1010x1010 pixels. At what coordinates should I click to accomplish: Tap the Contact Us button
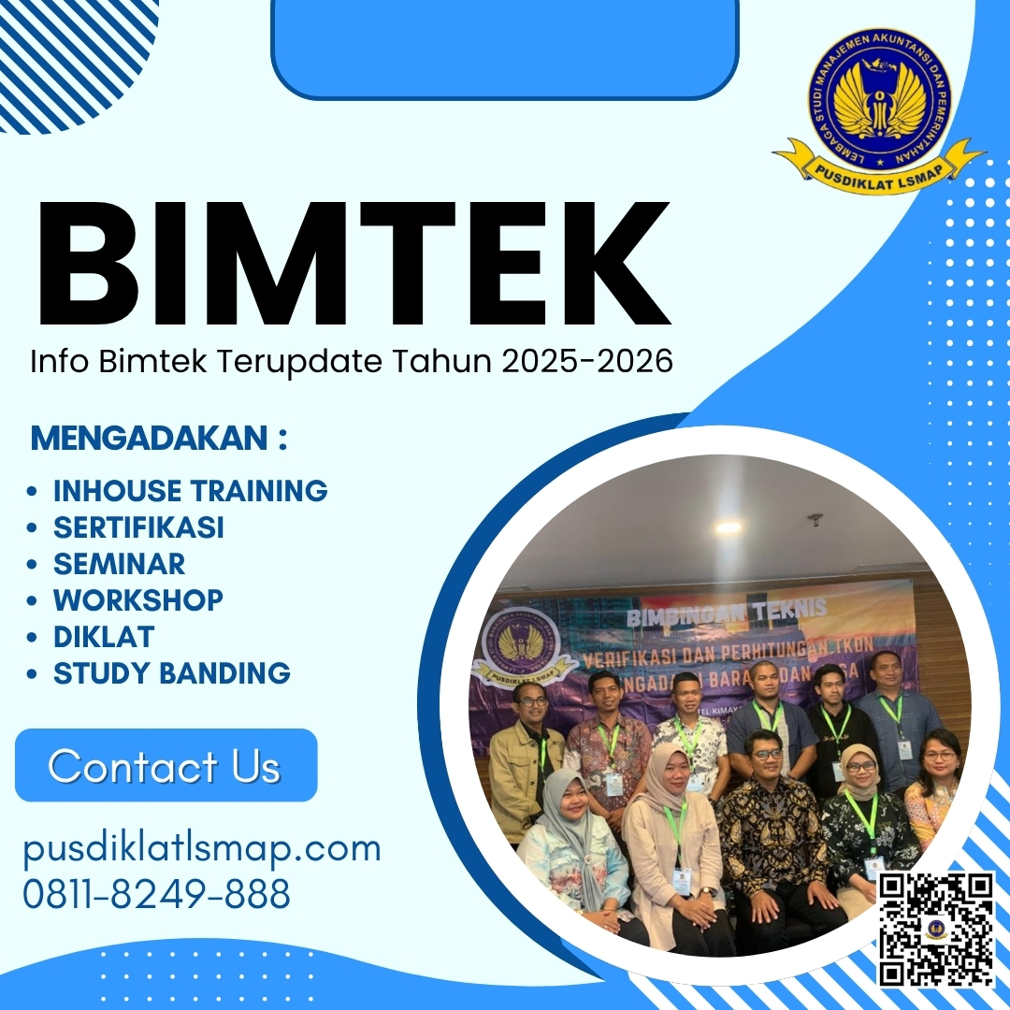166,766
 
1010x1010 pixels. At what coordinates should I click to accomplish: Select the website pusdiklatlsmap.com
202,849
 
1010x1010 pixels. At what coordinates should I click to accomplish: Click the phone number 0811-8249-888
156,895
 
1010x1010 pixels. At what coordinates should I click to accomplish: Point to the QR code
935,928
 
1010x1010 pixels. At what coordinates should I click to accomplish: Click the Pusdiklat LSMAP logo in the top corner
878,108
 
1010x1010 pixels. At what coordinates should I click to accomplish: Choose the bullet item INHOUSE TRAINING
190,490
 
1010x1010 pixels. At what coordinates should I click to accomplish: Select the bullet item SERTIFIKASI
138,527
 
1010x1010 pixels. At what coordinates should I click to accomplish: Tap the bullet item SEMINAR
119,564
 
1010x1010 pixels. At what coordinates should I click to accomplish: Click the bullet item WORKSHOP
137,599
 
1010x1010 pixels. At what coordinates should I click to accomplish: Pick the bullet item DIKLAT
103,637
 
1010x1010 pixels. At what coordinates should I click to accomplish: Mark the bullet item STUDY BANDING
171,673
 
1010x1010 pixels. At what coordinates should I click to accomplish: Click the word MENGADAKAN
149,439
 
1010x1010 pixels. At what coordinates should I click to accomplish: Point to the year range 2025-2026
587,361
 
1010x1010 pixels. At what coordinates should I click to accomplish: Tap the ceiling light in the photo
729,527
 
